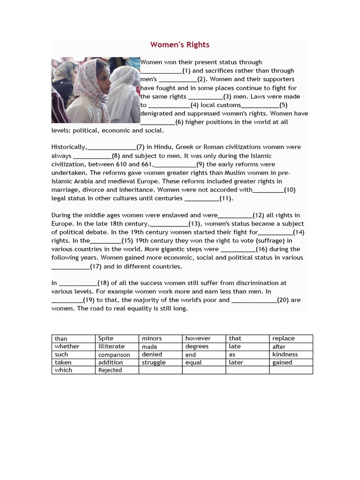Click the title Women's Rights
(180, 45)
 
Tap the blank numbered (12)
(235, 216)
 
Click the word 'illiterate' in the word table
(112, 346)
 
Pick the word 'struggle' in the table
(154, 362)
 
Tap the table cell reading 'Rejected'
(110, 370)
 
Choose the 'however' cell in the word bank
(198, 338)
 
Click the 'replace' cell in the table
(284, 338)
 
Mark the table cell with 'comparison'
(114, 355)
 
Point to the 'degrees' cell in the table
(197, 346)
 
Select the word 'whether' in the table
(67, 346)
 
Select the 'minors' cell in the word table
(152, 338)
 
